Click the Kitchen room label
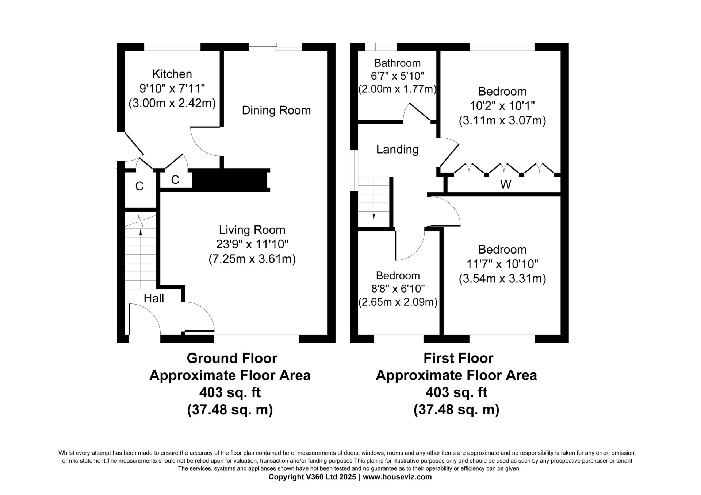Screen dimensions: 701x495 172,74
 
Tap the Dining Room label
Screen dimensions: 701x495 276,110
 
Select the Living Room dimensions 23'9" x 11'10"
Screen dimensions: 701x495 252,244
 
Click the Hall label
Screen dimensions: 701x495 154,298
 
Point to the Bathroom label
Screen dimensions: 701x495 397,63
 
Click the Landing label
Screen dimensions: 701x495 397,149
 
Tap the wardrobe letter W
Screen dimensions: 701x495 506,185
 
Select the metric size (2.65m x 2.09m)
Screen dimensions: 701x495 398,302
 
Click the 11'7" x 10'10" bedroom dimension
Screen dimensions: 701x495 502,264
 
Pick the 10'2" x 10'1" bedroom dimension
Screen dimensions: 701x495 502,106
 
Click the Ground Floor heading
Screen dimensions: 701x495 232,358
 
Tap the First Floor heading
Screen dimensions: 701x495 458,358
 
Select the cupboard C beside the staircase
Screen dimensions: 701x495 139,186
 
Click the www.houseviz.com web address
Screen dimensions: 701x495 397,477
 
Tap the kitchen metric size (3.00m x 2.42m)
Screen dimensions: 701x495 172,103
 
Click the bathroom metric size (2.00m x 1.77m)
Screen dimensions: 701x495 397,89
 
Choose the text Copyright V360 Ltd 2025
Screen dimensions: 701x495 313,477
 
